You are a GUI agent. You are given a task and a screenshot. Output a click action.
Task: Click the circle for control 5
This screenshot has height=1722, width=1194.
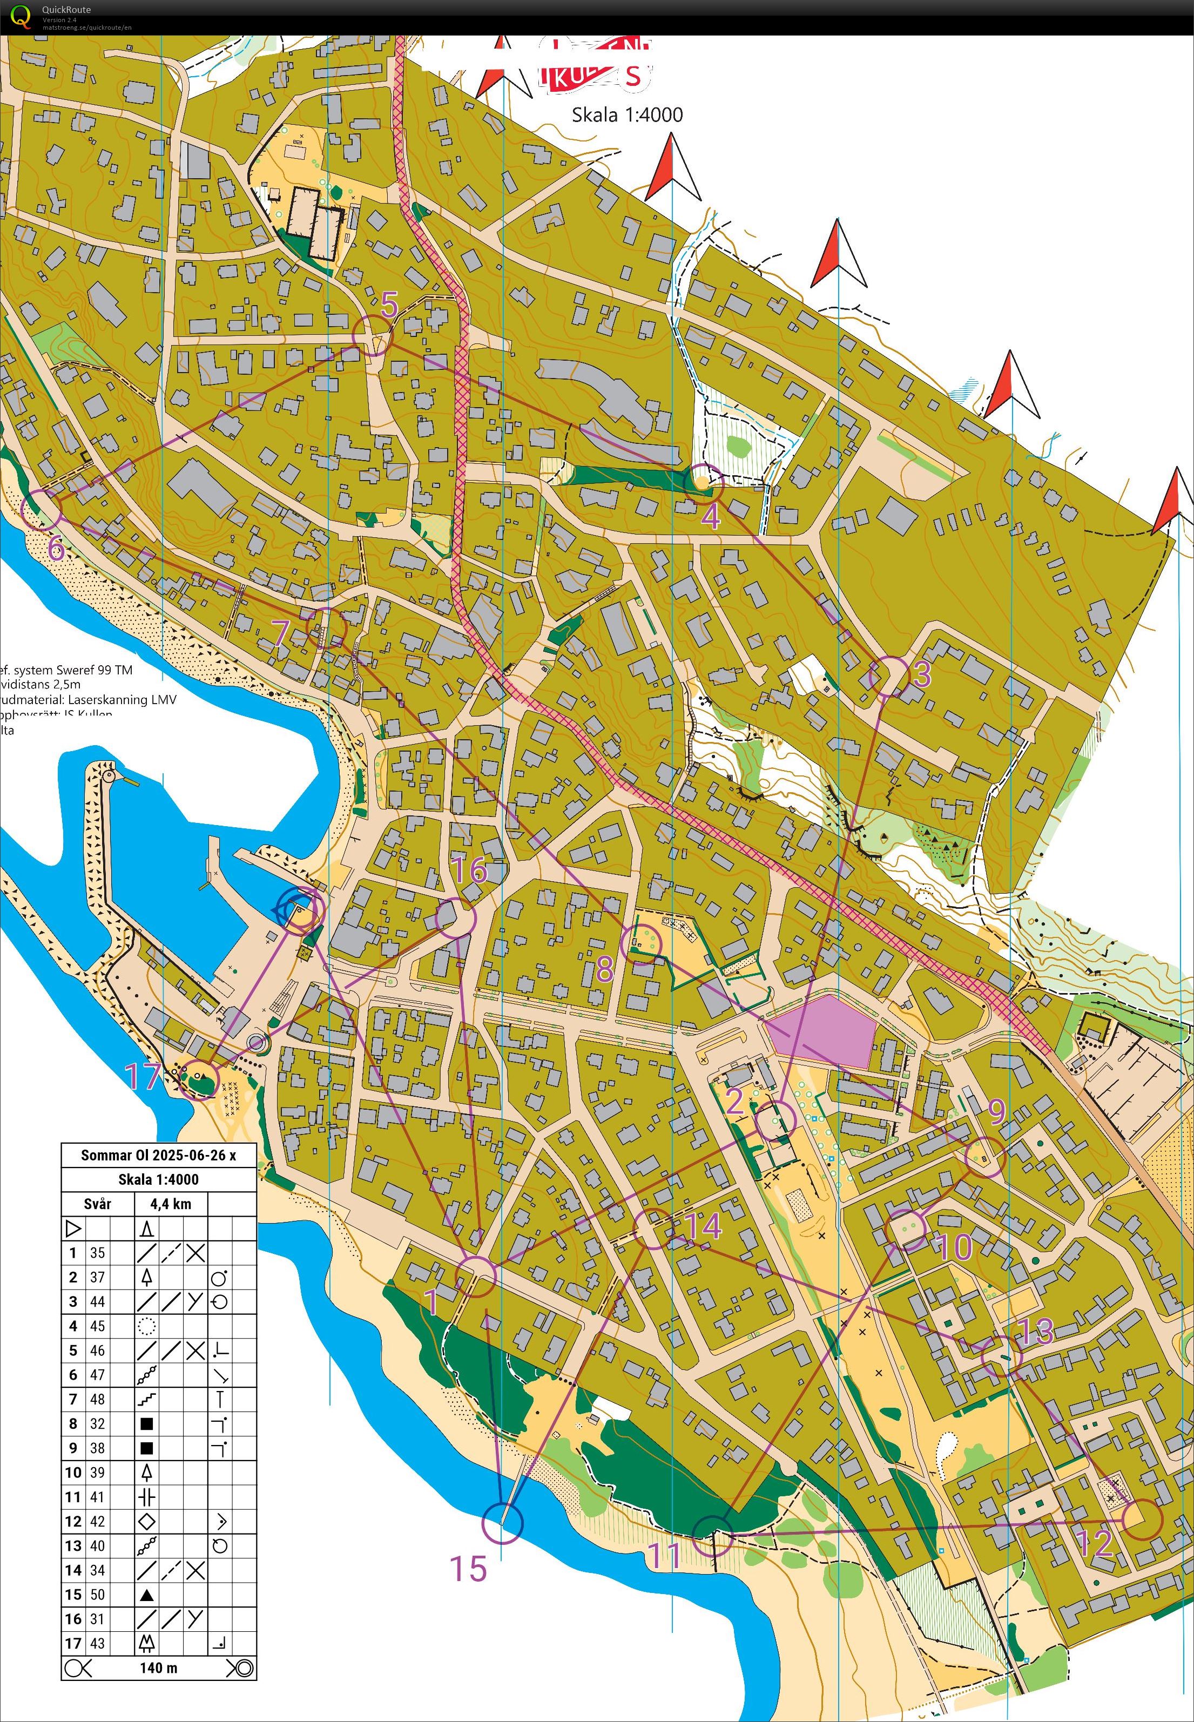click(373, 334)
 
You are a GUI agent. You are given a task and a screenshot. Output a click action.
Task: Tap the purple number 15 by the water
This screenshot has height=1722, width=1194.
click(468, 1568)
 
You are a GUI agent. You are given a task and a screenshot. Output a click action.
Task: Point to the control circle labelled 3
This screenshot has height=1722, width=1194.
click(889, 676)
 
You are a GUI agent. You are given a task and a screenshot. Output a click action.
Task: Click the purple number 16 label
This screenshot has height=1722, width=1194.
click(470, 870)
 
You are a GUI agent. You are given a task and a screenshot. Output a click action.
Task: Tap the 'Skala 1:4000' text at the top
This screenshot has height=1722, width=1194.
click(627, 114)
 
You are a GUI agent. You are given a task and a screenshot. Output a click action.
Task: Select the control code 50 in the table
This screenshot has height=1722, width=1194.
click(97, 1593)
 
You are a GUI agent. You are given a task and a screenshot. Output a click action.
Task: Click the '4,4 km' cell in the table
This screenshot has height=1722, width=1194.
click(171, 1204)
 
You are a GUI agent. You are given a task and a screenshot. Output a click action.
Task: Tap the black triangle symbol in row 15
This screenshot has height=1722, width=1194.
click(147, 1594)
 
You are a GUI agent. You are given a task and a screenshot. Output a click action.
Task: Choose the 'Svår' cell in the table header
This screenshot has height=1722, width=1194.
click(97, 1204)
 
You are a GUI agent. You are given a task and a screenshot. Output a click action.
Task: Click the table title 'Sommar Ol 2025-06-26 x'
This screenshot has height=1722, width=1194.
click(159, 1155)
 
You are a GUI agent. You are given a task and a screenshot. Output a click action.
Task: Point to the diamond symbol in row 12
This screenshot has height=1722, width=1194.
click(147, 1521)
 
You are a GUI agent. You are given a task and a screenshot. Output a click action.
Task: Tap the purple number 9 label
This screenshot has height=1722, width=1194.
click(996, 1112)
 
